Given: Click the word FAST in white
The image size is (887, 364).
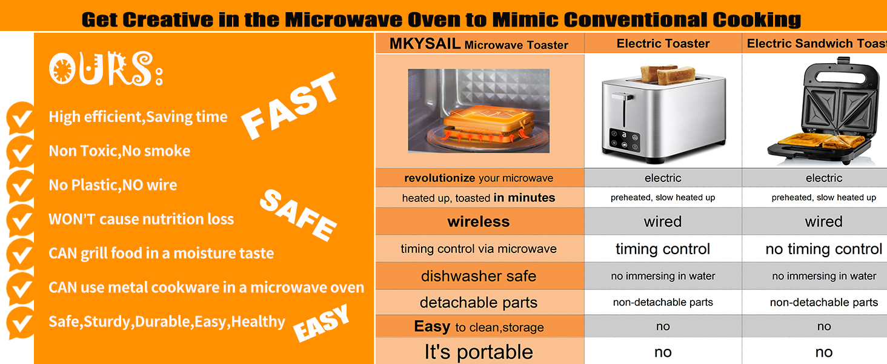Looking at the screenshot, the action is (289, 106).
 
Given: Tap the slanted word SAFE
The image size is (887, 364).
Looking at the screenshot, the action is (297, 215).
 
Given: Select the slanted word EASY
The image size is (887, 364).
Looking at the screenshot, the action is (321, 323).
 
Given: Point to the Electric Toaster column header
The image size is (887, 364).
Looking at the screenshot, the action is (663, 43).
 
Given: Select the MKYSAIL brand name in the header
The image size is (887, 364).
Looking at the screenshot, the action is (425, 44).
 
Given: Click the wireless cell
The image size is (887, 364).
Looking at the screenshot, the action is (479, 221).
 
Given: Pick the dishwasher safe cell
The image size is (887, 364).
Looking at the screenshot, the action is (479, 276).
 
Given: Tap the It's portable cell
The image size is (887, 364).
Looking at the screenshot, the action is (479, 352).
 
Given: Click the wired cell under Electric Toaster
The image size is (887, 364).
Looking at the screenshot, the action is (663, 221).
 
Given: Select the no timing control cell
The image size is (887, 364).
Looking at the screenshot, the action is (823, 249).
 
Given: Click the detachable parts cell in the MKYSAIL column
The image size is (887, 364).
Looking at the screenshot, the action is (479, 303).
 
